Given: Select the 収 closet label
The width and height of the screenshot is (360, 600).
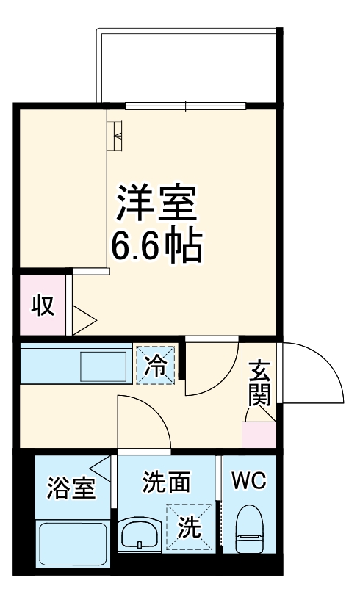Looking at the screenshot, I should pyautogui.click(x=43, y=306).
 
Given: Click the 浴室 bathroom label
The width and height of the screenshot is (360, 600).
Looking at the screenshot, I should pyautogui.click(x=71, y=488).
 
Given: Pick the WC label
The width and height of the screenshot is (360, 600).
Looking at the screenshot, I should pyautogui.click(x=249, y=482).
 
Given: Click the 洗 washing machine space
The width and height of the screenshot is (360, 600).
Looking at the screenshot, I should pyautogui.click(x=189, y=527).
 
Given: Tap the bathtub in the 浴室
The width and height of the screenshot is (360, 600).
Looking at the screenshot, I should pyautogui.click(x=71, y=543).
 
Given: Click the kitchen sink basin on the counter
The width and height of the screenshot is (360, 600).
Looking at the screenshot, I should pyautogui.click(x=104, y=365).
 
